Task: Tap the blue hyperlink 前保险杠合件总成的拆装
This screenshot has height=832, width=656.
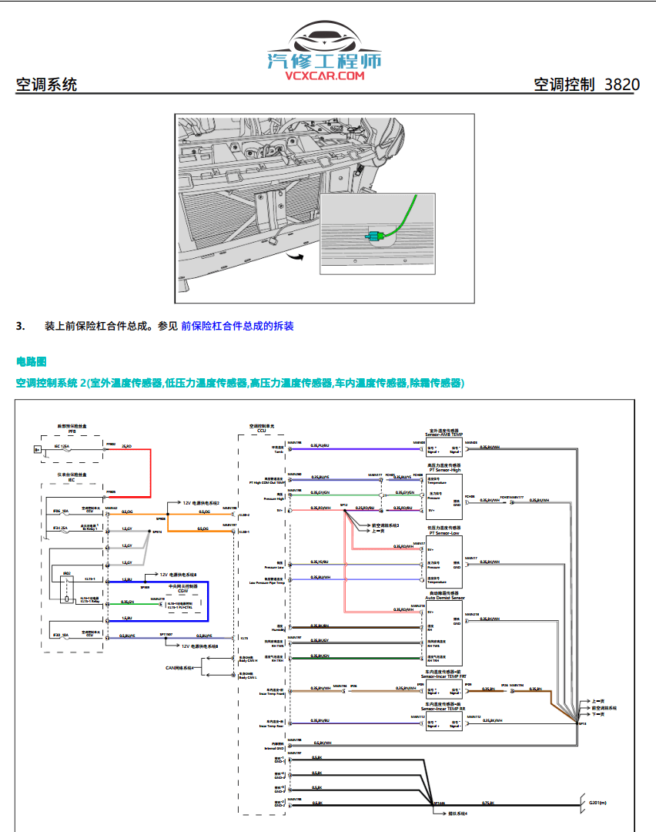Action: (237, 326)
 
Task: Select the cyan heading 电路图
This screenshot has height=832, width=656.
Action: (32, 361)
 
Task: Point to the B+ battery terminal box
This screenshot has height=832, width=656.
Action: (37, 449)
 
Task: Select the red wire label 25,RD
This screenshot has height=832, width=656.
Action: (127, 446)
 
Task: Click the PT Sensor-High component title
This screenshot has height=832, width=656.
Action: (444, 470)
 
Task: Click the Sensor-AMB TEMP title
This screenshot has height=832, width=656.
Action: (444, 434)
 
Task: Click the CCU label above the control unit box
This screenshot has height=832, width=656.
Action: (262, 431)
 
